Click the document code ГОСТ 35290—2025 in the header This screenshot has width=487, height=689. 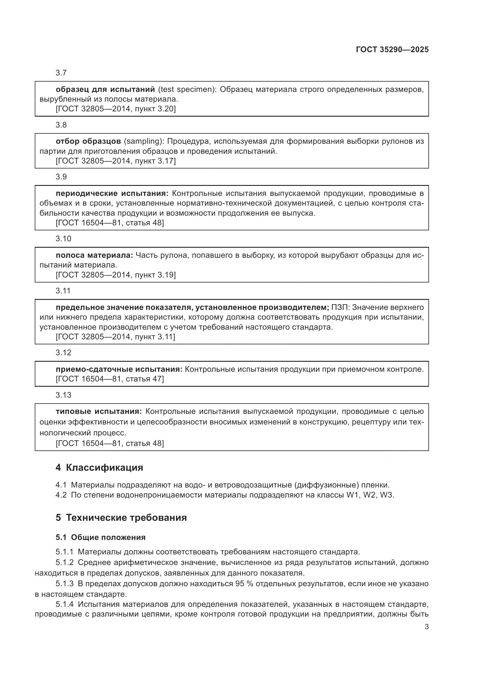point(392,49)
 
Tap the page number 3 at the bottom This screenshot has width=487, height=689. point(427,627)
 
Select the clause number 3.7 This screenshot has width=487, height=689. point(61,73)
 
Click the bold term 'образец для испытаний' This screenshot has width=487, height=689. point(105,90)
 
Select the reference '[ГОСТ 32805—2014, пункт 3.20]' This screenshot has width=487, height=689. point(115,109)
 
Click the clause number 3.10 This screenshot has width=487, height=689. point(63,239)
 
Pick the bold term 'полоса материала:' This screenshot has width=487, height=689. point(94,255)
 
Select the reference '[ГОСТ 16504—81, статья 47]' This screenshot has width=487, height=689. point(110,379)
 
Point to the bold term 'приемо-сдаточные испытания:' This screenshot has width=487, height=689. point(119,369)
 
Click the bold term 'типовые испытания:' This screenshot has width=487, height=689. point(99,412)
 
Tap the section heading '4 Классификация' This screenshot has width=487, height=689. point(99,468)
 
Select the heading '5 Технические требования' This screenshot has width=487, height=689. point(121,518)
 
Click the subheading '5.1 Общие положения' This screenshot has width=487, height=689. point(100,538)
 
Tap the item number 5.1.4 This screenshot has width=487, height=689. point(64,604)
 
